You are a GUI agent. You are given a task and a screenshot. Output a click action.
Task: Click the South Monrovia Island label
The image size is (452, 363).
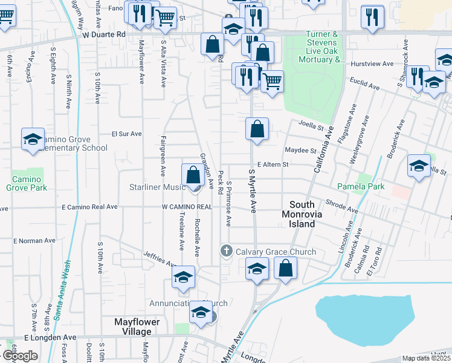pos(302,214)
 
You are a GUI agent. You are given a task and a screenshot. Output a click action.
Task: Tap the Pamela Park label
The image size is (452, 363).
pos(361,186)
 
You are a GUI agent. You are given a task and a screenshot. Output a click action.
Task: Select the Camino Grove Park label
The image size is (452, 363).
pos(27,183)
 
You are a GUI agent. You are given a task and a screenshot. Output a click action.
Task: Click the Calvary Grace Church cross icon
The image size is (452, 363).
pos(227,251)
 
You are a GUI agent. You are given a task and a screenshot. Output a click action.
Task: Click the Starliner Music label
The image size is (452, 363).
pos(157,187)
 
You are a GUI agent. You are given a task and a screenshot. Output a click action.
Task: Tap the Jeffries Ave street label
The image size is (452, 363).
pos(159,260)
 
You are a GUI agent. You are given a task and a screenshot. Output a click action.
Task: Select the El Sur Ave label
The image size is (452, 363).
pos(126,134)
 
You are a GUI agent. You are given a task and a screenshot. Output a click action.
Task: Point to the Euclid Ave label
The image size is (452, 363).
pos(365,84)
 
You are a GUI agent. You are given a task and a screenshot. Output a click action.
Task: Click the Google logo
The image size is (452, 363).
pos(20,355)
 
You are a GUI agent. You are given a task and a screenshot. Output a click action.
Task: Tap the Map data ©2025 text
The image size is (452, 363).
pos(426,358)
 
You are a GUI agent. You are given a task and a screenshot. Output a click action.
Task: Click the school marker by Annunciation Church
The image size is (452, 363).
pos(200,313)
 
